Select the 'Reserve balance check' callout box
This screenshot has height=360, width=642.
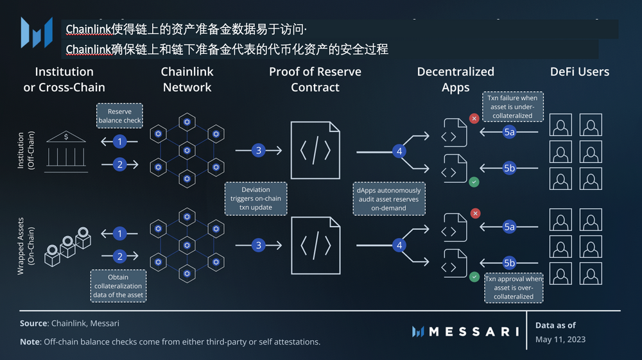tap(119, 116)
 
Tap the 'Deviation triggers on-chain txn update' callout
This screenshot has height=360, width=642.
tap(256, 198)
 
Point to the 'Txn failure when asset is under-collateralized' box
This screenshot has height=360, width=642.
tap(512, 107)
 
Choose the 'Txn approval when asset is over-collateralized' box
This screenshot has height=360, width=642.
tap(514, 287)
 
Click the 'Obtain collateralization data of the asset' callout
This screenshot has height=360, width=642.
tap(119, 286)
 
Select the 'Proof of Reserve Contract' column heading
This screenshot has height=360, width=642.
tap(315, 80)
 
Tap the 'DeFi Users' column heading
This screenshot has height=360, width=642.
tap(579, 72)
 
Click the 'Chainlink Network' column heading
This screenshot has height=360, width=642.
tap(187, 80)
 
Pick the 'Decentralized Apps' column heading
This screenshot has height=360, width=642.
tap(455, 80)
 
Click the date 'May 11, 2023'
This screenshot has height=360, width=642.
tap(560, 339)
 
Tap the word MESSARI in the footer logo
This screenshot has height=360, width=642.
tap(473, 332)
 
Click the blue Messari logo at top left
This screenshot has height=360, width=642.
tap(37, 32)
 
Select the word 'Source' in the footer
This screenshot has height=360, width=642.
tap(33, 324)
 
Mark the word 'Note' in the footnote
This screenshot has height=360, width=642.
tap(30, 342)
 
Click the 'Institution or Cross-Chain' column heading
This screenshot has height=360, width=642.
tap(64, 80)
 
